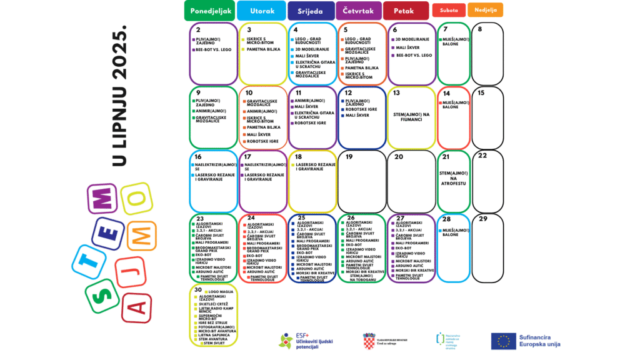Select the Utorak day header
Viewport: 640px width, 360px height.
point(262,11)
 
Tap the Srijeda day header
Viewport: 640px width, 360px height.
point(311,11)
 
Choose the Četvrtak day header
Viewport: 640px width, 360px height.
point(358,11)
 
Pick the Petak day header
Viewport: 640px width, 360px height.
point(406,11)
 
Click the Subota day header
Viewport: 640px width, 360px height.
point(449,10)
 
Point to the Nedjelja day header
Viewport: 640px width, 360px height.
point(486,10)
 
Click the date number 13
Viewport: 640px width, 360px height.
point(396,93)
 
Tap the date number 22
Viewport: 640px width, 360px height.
point(482,156)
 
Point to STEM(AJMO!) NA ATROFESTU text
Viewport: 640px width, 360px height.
point(454,179)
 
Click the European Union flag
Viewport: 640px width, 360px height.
point(503,341)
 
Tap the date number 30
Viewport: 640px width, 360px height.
point(197,290)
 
